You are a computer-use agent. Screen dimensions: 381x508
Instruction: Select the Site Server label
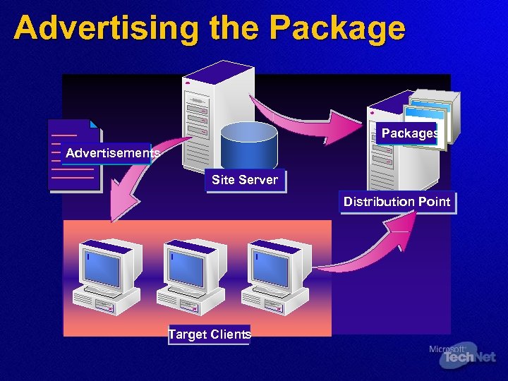(x=245, y=180)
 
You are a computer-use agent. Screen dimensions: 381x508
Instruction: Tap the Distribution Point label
(x=397, y=202)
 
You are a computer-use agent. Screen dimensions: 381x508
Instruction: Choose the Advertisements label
(x=112, y=153)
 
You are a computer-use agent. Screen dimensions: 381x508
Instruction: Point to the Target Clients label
(x=210, y=334)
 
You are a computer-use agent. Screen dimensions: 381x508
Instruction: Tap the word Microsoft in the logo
(x=446, y=349)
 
